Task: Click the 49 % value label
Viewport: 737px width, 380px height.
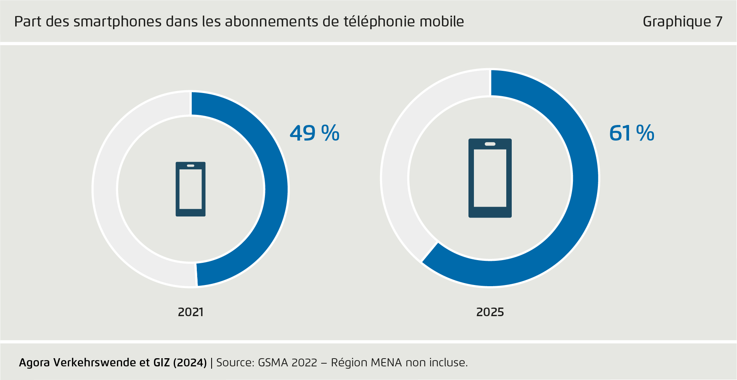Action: coord(315,133)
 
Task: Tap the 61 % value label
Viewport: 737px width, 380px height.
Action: coord(631,133)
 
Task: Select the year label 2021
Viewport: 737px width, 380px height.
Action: coord(191,312)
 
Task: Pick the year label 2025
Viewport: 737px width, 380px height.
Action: coord(490,312)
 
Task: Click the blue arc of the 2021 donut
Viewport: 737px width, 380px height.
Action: coord(276,189)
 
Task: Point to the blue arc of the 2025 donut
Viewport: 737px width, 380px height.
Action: coord(585,179)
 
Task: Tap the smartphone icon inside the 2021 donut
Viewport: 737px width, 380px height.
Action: coord(191,189)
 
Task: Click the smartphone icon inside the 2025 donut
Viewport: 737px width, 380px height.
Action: coord(490,178)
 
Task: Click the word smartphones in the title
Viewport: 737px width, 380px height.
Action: coord(117,22)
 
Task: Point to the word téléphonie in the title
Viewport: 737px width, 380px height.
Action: coord(374,22)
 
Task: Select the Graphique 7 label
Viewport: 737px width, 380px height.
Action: coord(682,22)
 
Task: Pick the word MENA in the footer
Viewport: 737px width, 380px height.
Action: coord(386,362)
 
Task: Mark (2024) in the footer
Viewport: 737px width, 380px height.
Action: coord(189,362)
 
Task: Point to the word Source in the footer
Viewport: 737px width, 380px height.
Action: coord(234,362)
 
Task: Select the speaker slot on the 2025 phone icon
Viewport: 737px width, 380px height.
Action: coord(490,144)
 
